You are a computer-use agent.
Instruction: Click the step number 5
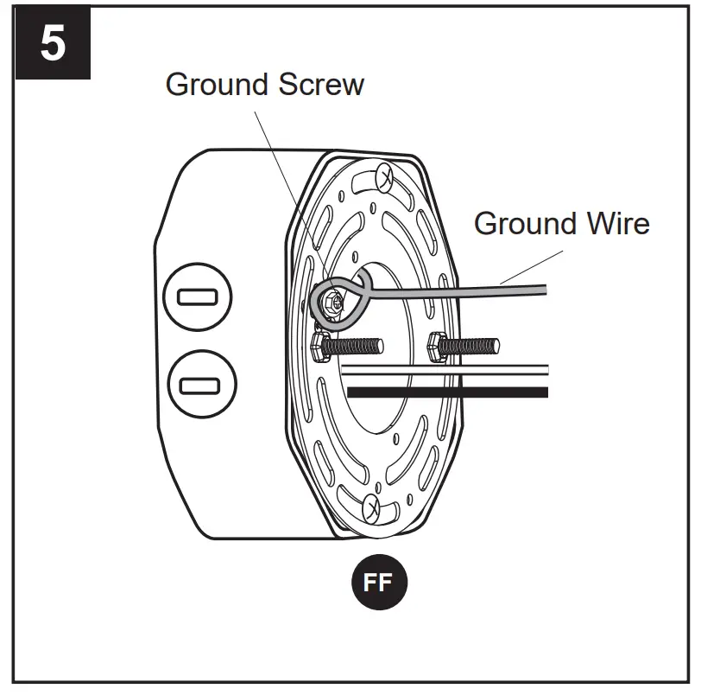(x=53, y=43)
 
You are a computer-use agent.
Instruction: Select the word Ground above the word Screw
(x=218, y=85)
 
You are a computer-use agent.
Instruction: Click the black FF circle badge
(x=378, y=583)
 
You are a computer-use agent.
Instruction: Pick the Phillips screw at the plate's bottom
(x=373, y=507)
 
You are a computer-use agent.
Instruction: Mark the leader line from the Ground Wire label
(x=531, y=265)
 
